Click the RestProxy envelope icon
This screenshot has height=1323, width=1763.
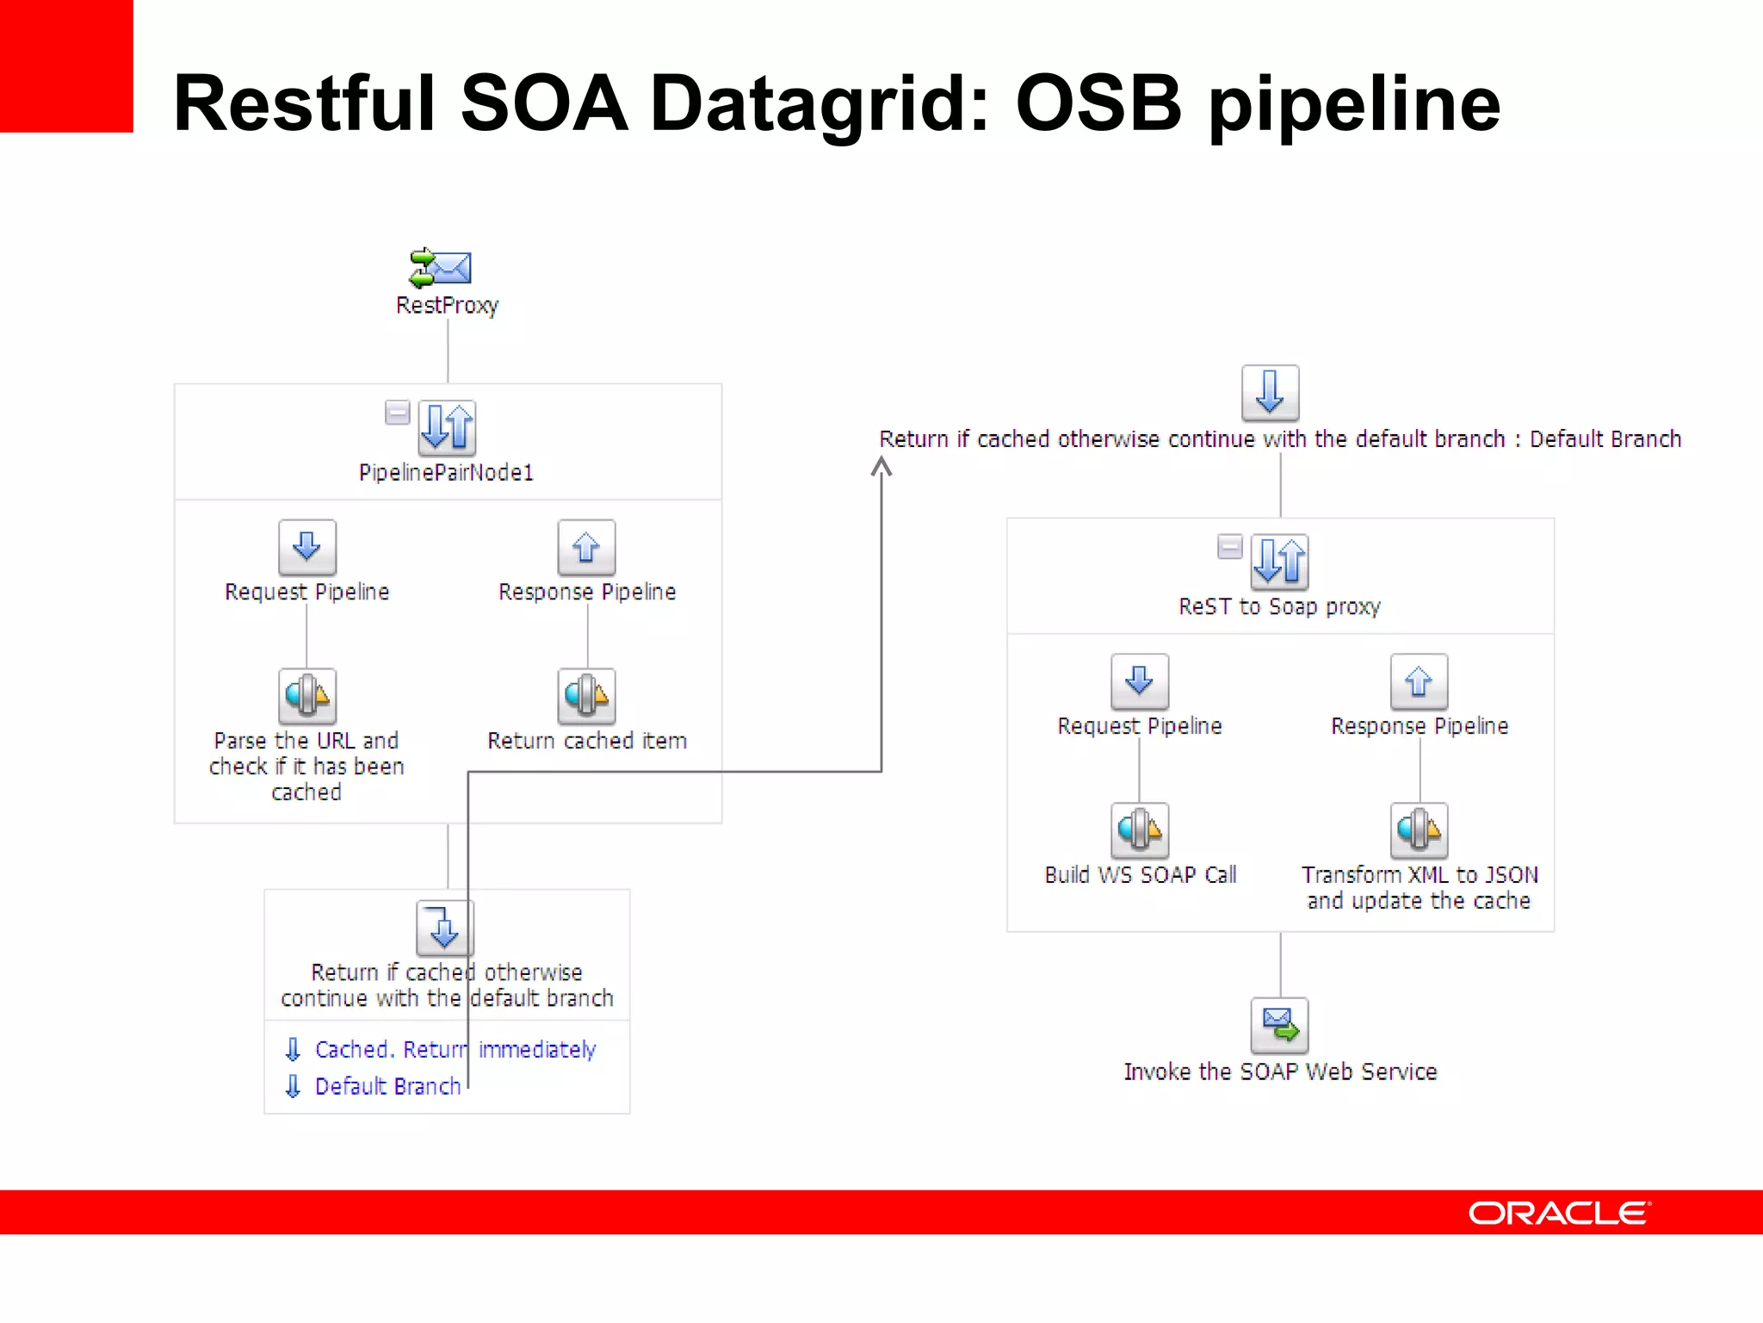[x=441, y=268]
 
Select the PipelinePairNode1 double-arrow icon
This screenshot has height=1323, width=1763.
[x=447, y=427]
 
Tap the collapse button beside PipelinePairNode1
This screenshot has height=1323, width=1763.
[x=397, y=413]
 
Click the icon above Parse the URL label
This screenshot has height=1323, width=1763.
[x=306, y=695]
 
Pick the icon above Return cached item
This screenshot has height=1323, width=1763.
[x=586, y=695]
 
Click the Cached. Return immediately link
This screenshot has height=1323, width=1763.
[x=455, y=1049]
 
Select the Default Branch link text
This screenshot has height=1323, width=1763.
[x=387, y=1086]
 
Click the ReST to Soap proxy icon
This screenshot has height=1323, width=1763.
[x=1279, y=561]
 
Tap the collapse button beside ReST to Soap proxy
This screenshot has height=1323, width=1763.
[x=1229, y=546]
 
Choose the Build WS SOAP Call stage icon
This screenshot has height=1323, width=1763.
[x=1139, y=829]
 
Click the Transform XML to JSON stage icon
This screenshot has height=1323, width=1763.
[x=1419, y=829]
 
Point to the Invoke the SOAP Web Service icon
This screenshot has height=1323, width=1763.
[x=1279, y=1025]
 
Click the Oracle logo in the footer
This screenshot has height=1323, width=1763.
[x=1558, y=1213]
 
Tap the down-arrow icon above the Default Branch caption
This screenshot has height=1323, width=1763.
[x=1270, y=393]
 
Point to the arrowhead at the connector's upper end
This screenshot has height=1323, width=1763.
[x=881, y=467]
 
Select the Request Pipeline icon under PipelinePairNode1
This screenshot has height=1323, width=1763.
[x=306, y=547]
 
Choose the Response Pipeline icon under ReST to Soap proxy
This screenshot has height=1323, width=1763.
[x=1419, y=681]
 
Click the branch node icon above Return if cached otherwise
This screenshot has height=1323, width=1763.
[x=444, y=928]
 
